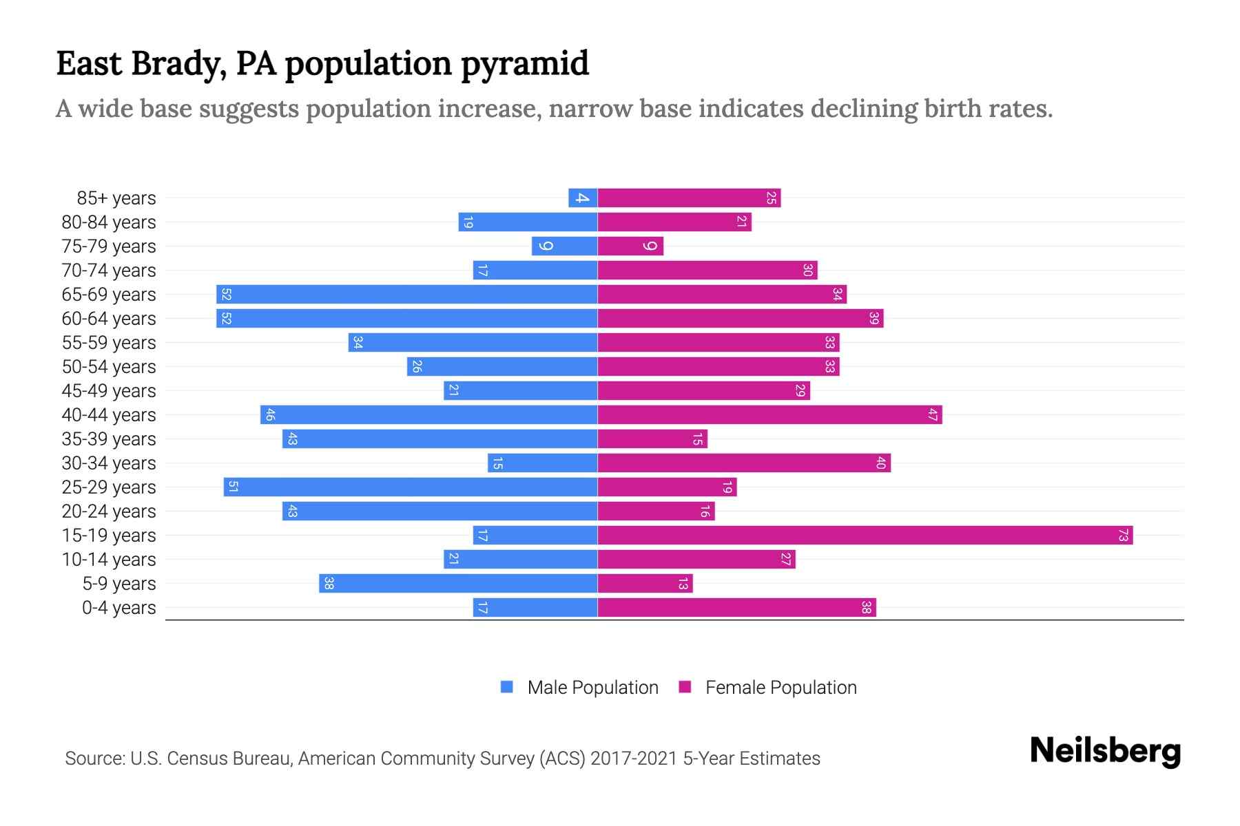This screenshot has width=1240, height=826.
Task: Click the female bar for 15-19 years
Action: click(865, 535)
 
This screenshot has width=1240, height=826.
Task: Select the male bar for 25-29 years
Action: click(410, 487)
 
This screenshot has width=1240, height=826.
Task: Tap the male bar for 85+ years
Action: click(583, 198)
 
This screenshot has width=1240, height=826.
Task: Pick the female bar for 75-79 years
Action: click(630, 246)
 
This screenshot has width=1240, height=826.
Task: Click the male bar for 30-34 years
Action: click(542, 463)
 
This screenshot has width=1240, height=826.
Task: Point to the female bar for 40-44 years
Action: click(769, 414)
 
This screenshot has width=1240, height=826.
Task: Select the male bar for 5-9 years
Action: click(458, 583)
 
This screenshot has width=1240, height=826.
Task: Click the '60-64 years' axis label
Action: click(109, 319)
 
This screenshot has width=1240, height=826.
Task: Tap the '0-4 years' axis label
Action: click(118, 608)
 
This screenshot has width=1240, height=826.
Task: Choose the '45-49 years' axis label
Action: click(109, 391)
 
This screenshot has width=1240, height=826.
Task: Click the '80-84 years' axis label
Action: click(109, 222)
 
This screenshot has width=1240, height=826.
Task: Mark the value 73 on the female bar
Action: click(1123, 535)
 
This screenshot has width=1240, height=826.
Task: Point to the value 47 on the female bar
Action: click(932, 414)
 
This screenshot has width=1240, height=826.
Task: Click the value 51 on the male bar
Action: click(233, 487)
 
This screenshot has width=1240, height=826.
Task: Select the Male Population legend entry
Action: click(592, 687)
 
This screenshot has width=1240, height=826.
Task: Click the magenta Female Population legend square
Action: click(685, 687)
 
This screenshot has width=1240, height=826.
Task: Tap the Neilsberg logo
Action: click(1105, 750)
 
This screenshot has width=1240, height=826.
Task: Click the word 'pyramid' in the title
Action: click(525, 63)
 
